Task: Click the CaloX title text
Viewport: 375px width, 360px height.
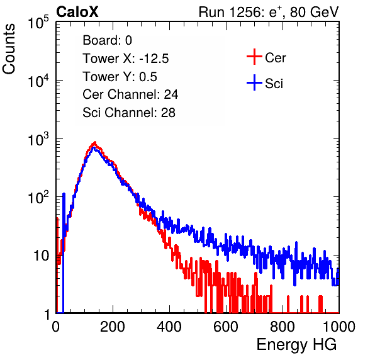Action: pyautogui.click(x=77, y=12)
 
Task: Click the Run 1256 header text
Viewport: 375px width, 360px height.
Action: pyautogui.click(x=269, y=12)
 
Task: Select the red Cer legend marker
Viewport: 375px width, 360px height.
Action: pyautogui.click(x=254, y=57)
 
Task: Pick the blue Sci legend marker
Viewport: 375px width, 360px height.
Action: pyautogui.click(x=254, y=83)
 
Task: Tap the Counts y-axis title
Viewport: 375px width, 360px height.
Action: pyautogui.click(x=9, y=49)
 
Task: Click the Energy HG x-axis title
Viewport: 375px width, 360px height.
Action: pyautogui.click(x=296, y=345)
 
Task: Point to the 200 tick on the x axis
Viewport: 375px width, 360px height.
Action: pyautogui.click(x=113, y=327)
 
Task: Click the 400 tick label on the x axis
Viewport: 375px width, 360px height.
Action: pyautogui.click(x=169, y=327)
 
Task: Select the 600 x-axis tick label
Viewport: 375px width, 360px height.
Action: pyautogui.click(x=226, y=327)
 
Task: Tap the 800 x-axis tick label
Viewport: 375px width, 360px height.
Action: pyautogui.click(x=283, y=327)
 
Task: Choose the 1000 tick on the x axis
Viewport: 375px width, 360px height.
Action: pyautogui.click(x=339, y=327)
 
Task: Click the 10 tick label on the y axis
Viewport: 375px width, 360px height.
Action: pyautogui.click(x=42, y=256)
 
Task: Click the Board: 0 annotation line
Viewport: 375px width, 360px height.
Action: pyautogui.click(x=107, y=40)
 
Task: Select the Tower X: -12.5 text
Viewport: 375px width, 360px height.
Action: pyautogui.click(x=126, y=59)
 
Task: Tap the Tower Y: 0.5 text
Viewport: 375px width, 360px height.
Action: pyautogui.click(x=120, y=77)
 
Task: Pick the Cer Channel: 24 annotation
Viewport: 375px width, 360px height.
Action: pyautogui.click(x=130, y=94)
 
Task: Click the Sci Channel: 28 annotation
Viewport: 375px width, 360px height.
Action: pyautogui.click(x=128, y=113)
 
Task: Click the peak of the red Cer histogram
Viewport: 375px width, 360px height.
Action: pyautogui.click(x=95, y=142)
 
